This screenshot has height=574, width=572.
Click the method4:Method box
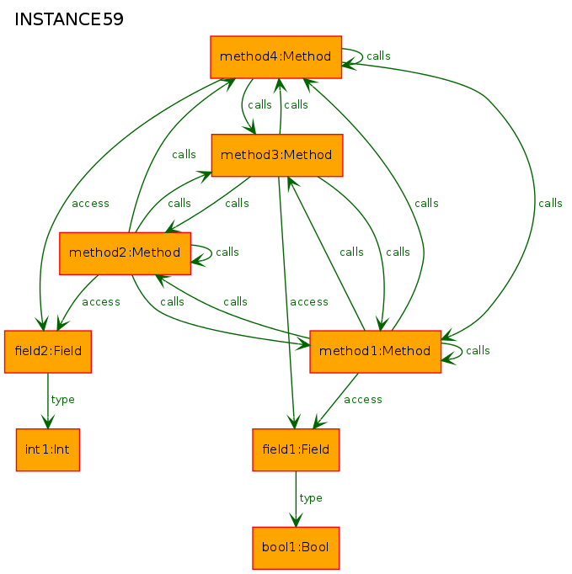coord(276,57)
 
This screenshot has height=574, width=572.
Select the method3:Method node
coord(277,155)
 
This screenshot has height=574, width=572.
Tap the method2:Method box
coord(125,253)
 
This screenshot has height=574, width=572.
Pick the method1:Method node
coord(375,352)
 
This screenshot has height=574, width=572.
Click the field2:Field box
coord(48,352)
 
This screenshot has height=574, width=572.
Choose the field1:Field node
coord(296,450)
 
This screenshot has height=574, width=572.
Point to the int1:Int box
coord(48,450)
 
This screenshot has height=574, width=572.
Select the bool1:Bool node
coord(296,548)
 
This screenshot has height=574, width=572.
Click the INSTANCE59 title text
coord(69,19)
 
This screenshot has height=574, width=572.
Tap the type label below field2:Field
coord(62,400)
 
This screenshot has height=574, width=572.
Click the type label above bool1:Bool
coord(311,498)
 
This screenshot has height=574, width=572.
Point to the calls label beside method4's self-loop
coord(378,56)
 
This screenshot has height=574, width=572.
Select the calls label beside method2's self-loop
coord(227,252)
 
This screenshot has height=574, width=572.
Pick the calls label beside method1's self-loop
coord(478,351)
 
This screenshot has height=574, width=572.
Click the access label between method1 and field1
coord(363,400)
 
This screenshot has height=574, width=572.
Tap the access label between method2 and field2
coord(101,302)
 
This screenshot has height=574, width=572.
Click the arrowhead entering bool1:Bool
coord(296,520)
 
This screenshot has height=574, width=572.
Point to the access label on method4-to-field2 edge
coord(90,204)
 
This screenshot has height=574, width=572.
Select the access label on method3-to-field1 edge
coord(309,302)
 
